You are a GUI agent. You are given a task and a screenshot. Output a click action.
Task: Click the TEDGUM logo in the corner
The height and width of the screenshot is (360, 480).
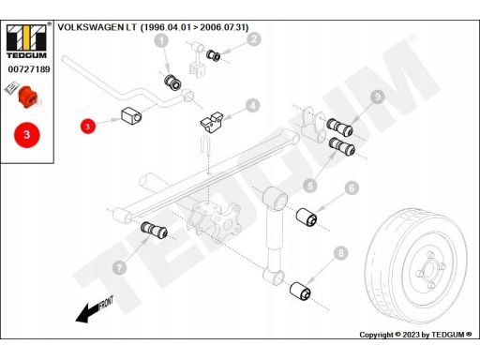[27, 41]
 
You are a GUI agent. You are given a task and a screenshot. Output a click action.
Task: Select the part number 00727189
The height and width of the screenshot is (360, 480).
[29, 69]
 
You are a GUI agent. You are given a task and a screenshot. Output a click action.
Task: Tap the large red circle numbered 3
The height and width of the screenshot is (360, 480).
[27, 135]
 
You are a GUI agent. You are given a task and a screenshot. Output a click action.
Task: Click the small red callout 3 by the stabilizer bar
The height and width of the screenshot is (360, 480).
[87, 126]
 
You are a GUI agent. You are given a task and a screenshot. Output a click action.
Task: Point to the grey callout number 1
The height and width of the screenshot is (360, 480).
[161, 40]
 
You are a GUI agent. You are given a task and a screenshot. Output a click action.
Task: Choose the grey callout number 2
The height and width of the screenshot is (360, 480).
[254, 39]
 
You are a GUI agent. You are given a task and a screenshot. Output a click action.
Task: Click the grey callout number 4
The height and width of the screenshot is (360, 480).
[252, 106]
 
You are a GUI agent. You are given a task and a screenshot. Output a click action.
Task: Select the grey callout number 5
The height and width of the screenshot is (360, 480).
[310, 187]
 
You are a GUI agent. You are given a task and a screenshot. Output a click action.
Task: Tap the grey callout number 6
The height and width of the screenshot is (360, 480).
[352, 187]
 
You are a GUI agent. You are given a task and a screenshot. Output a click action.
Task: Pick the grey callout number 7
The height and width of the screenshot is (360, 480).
[119, 267]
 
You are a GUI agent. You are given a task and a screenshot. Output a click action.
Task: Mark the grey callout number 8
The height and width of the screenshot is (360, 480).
[340, 252]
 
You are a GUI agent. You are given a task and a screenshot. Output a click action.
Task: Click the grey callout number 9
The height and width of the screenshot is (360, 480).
[378, 97]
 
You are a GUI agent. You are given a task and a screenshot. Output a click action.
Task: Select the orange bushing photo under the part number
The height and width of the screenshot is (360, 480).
[28, 96]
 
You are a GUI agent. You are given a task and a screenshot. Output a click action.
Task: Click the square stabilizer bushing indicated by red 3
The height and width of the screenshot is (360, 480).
[131, 115]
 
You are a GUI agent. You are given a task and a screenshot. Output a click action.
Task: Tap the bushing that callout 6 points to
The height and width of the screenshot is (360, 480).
[307, 217]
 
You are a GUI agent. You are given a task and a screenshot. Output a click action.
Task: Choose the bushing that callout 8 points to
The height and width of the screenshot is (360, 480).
[300, 292]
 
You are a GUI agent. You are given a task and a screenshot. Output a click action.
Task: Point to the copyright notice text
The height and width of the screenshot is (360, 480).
[415, 335]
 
